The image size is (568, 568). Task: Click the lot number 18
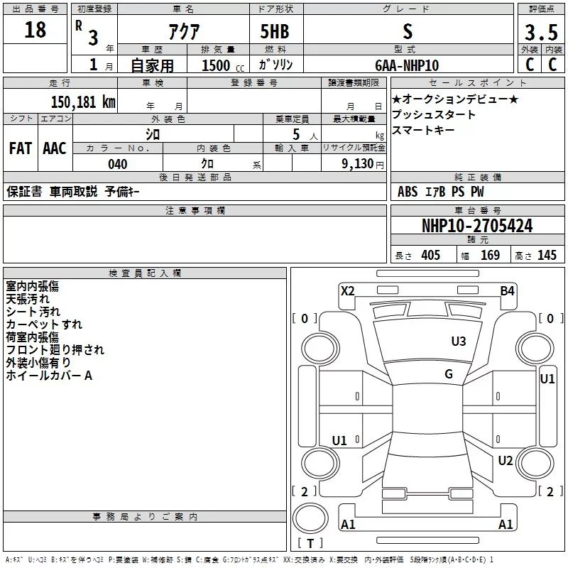[35, 30]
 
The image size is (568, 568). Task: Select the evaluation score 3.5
[540, 33]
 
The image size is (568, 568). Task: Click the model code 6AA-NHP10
[407, 65]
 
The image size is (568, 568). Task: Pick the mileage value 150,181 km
[82, 102]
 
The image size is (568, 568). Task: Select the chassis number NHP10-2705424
[477, 226]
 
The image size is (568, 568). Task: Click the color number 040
[118, 164]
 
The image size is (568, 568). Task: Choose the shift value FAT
[21, 148]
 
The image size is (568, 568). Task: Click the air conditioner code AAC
[55, 148]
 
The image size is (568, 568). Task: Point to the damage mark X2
[348, 290]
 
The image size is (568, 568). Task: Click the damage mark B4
[507, 290]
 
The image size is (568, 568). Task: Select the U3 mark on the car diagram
[459, 342]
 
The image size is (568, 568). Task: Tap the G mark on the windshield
[449, 374]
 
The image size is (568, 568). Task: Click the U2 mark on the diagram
[506, 461]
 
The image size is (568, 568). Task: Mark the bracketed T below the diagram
[310, 543]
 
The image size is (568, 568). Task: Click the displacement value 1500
[216, 65]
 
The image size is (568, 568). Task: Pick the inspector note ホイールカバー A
[49, 376]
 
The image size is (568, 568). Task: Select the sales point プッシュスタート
[434, 115]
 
